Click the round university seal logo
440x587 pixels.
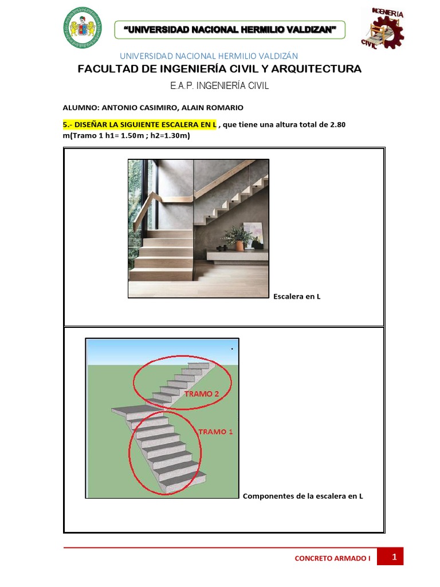coord(82,28)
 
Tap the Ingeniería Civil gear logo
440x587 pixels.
coord(383,28)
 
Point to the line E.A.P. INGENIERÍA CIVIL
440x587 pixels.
coord(219,86)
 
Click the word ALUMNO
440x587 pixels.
coord(81,108)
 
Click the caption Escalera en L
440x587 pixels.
coord(297,296)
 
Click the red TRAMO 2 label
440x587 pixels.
coord(201,394)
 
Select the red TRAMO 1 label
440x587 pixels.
coord(215,432)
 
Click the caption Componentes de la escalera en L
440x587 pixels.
coord(302,496)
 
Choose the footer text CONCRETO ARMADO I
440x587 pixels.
coord(332,558)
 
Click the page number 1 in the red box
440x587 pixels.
coord(394,557)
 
